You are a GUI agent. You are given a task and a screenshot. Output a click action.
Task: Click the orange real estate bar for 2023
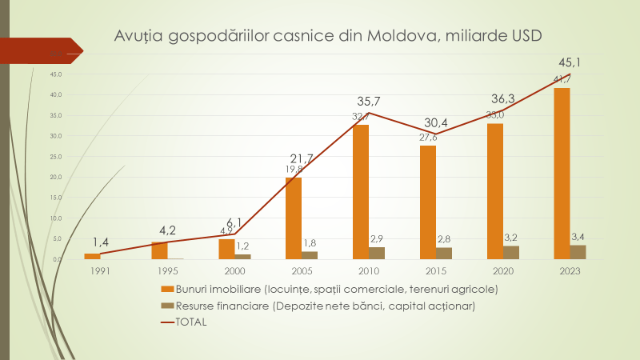point(562,174)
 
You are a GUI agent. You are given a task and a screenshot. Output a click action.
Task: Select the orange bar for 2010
point(361,192)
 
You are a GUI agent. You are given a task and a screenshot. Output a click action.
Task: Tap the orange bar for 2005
point(294,218)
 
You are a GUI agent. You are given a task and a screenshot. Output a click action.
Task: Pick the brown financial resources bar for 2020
point(510,252)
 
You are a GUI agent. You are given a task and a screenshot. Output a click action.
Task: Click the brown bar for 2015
point(443,253)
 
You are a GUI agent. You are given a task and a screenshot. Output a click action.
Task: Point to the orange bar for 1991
point(93,256)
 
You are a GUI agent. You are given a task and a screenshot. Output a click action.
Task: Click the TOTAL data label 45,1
point(570,63)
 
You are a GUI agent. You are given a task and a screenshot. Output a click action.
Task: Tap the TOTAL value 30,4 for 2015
point(436,122)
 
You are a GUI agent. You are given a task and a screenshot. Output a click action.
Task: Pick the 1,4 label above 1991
point(100,241)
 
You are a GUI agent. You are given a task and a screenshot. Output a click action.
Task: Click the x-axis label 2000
point(234,270)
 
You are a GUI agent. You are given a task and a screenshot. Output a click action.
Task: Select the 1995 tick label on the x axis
point(167,270)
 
